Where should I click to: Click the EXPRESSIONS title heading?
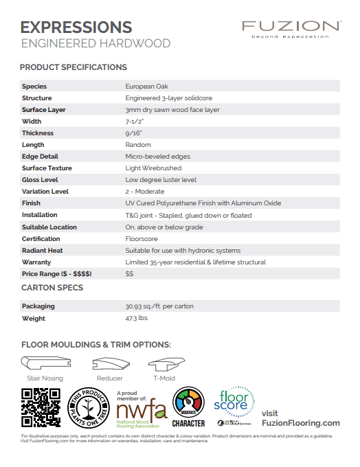76,27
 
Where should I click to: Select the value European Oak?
144,87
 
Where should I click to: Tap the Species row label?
34,87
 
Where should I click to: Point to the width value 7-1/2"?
135,122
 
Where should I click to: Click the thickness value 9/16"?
133,133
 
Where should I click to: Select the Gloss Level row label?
40,180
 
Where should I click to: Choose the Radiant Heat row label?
43,251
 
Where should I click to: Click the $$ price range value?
129,274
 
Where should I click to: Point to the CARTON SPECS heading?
52,288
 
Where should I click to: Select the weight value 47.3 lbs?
137,319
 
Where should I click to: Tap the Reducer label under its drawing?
110,378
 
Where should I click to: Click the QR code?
42,408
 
